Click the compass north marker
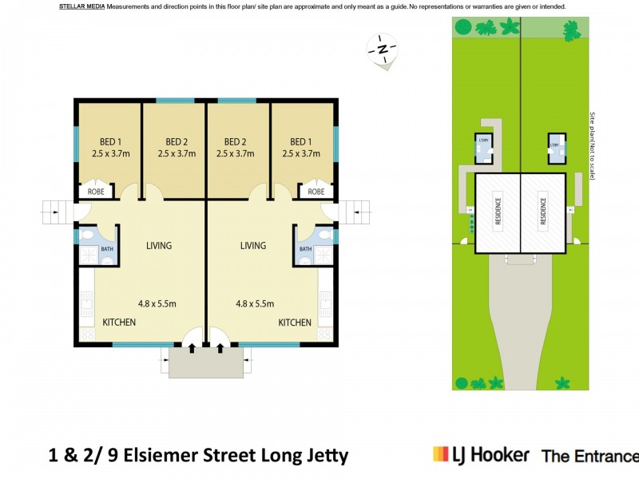(383, 49)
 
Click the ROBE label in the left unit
(95, 192)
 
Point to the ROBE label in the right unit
(316, 192)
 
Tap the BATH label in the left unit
(106, 250)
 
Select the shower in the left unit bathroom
(87, 255)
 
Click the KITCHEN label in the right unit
(295, 323)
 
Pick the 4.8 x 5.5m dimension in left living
(157, 303)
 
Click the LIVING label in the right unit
(253, 246)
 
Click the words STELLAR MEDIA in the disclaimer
(82, 6)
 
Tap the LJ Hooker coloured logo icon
(440, 454)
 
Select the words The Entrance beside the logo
(589, 457)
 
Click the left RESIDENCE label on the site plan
(498, 213)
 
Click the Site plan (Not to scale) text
(592, 145)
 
